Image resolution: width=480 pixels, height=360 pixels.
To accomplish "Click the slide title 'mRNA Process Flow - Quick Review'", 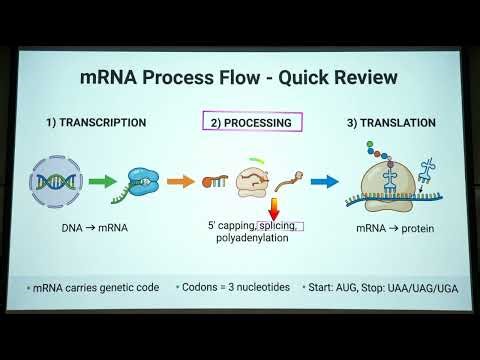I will tap(240, 77).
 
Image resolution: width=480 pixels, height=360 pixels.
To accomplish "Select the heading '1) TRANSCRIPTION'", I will tap(96, 123).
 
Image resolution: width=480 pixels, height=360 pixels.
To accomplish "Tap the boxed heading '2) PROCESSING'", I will tap(252, 123).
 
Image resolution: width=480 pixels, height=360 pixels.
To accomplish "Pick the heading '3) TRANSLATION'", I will tap(391, 123).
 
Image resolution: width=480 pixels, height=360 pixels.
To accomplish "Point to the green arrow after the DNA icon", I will tap(103, 182).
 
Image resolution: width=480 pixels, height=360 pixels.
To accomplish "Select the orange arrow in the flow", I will tap(180, 182).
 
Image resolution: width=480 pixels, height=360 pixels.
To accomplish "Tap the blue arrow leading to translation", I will tap(323, 182).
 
